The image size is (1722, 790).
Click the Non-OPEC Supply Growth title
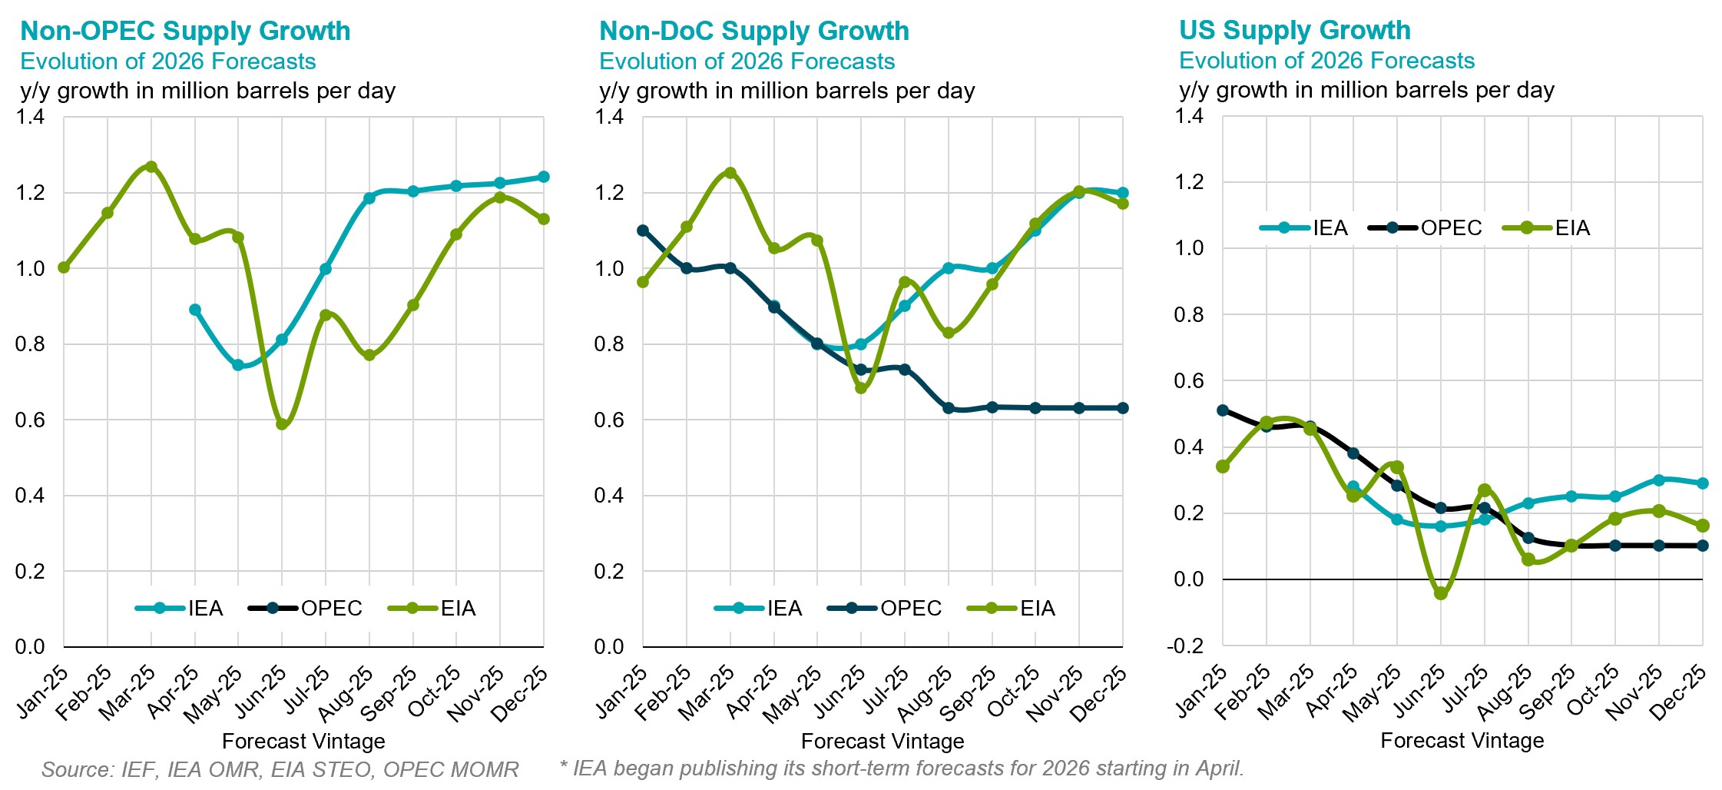click(x=185, y=31)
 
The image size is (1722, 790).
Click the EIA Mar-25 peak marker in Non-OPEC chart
click(x=151, y=167)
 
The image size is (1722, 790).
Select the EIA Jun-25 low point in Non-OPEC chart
click(x=282, y=424)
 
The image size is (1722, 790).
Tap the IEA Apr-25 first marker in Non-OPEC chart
click(x=195, y=310)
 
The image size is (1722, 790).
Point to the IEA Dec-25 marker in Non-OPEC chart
click(x=544, y=177)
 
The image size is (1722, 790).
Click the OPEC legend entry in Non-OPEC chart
click(x=306, y=609)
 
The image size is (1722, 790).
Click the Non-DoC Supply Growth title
click(x=753, y=31)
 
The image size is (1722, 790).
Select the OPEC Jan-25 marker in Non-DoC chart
click(x=643, y=231)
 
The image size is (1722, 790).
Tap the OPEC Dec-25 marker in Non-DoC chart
click(x=1123, y=408)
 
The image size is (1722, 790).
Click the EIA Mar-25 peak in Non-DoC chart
click(x=730, y=173)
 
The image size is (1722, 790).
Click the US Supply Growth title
click(x=1294, y=30)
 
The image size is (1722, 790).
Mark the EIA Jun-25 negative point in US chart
click(x=1441, y=594)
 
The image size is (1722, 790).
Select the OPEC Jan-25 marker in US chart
click(x=1223, y=410)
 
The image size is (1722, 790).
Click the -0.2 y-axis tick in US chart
click(x=1186, y=646)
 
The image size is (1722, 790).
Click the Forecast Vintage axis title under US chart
click(x=1462, y=741)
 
